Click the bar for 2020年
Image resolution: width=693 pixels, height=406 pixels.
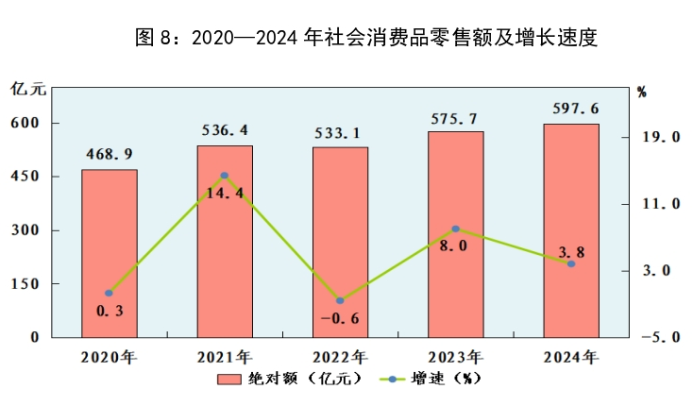(110, 253)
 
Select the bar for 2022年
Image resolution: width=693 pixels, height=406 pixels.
(340, 242)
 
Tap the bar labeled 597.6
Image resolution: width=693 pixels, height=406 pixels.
(571, 230)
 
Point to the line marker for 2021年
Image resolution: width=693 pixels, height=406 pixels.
(225, 176)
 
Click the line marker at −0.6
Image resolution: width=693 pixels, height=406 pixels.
(340, 301)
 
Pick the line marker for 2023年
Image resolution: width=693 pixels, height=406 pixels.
(455, 229)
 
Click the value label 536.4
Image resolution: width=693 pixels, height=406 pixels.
(225, 130)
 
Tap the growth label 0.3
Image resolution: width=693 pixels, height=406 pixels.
(110, 311)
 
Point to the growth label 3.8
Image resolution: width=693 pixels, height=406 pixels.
(571, 251)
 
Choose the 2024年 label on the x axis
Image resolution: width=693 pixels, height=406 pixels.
(571, 357)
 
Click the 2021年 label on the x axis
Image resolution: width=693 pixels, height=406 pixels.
(225, 357)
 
